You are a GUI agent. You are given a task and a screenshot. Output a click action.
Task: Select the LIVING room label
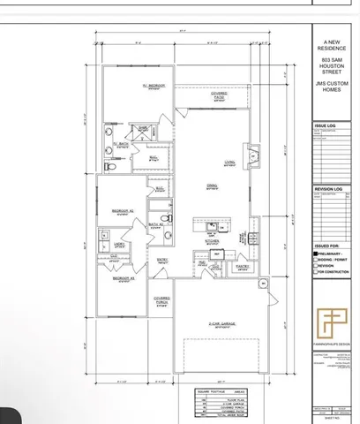click(x=229, y=162)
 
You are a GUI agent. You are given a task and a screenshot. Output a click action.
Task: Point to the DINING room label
click(x=213, y=185)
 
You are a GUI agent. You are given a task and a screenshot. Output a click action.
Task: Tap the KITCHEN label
click(x=212, y=239)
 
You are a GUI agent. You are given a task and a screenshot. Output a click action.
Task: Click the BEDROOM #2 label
click(x=122, y=211)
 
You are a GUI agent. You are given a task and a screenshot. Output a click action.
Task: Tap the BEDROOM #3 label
click(x=122, y=279)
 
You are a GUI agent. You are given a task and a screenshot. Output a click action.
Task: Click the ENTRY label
click(x=163, y=259)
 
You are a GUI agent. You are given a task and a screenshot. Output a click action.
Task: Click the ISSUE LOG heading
click(x=325, y=126)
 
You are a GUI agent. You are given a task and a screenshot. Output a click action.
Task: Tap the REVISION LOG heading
click(x=327, y=189)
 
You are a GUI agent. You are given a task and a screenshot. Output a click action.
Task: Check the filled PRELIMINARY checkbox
click(x=316, y=253)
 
